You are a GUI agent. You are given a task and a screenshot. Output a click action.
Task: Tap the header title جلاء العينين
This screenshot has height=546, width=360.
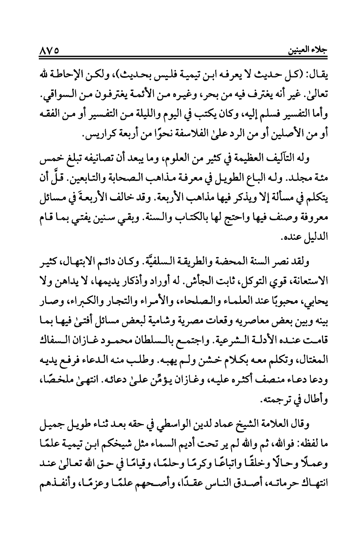tap(308, 52)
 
